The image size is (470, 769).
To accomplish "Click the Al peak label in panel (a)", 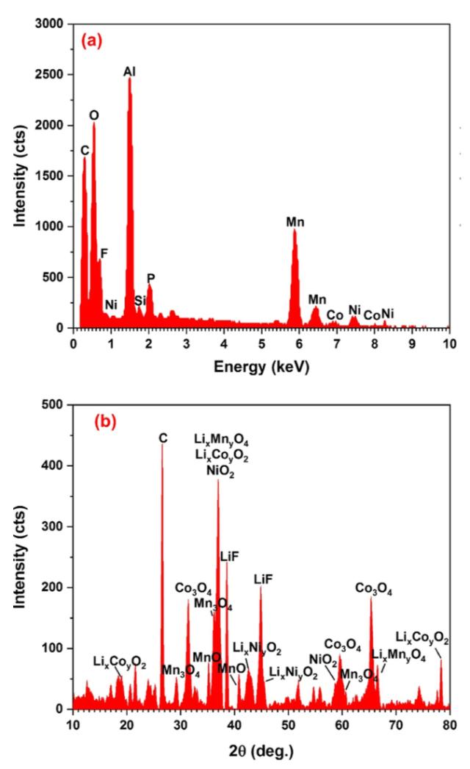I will pyautogui.click(x=129, y=72).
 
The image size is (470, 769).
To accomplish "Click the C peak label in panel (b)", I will pyautogui.click(x=163, y=438).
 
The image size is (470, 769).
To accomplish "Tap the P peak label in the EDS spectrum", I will pyautogui.click(x=151, y=278).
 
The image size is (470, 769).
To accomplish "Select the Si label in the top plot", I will pyautogui.click(x=140, y=301).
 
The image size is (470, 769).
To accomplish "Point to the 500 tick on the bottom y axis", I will pyautogui.click(x=58, y=404).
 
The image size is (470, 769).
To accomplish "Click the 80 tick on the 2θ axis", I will pyautogui.click(x=449, y=723).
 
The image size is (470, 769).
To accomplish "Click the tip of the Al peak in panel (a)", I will pyautogui.click(x=129, y=79).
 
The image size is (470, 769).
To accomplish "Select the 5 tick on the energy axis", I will pyautogui.click(x=261, y=342).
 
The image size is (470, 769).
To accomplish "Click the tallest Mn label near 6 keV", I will pyautogui.click(x=295, y=221).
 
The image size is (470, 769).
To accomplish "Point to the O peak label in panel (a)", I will pyautogui.click(x=94, y=115).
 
